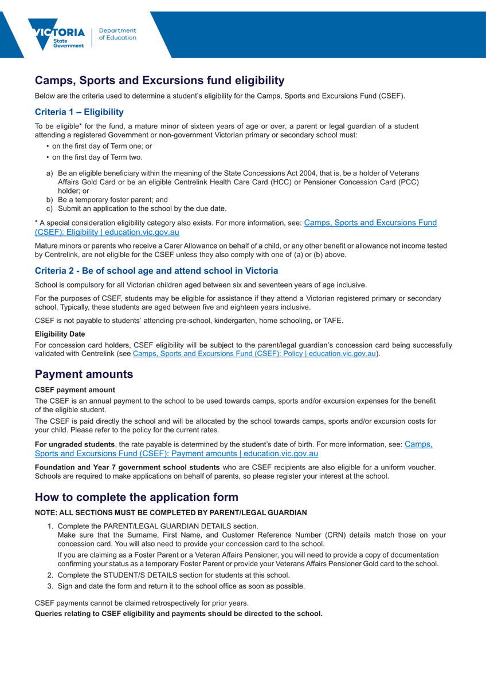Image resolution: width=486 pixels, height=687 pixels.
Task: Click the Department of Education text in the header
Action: [x=117, y=34]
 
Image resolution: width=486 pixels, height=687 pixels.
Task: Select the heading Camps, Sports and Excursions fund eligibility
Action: [x=159, y=80]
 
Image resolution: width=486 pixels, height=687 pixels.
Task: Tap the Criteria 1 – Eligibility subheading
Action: [x=79, y=112]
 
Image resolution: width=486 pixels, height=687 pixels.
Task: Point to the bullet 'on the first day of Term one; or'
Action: [x=98, y=146]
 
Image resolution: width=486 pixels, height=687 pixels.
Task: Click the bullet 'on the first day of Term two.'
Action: [x=97, y=157]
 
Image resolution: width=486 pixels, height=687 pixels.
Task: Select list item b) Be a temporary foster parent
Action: [x=112, y=200]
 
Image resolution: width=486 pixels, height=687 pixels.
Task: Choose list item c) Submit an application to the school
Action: [x=142, y=209]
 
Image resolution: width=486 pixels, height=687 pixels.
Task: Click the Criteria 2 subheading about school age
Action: [x=156, y=270]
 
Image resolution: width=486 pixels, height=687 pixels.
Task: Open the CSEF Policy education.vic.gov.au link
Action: [x=254, y=354]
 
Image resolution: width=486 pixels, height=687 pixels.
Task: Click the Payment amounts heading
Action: [x=84, y=375]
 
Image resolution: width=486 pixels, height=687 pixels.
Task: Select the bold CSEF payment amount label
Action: [x=75, y=390]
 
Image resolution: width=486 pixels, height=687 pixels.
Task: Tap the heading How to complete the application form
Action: [x=136, y=496]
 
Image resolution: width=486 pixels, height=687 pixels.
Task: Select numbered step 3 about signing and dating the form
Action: [x=181, y=586]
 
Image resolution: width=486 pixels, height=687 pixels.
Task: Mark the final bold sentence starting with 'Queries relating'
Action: [x=179, y=614]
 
